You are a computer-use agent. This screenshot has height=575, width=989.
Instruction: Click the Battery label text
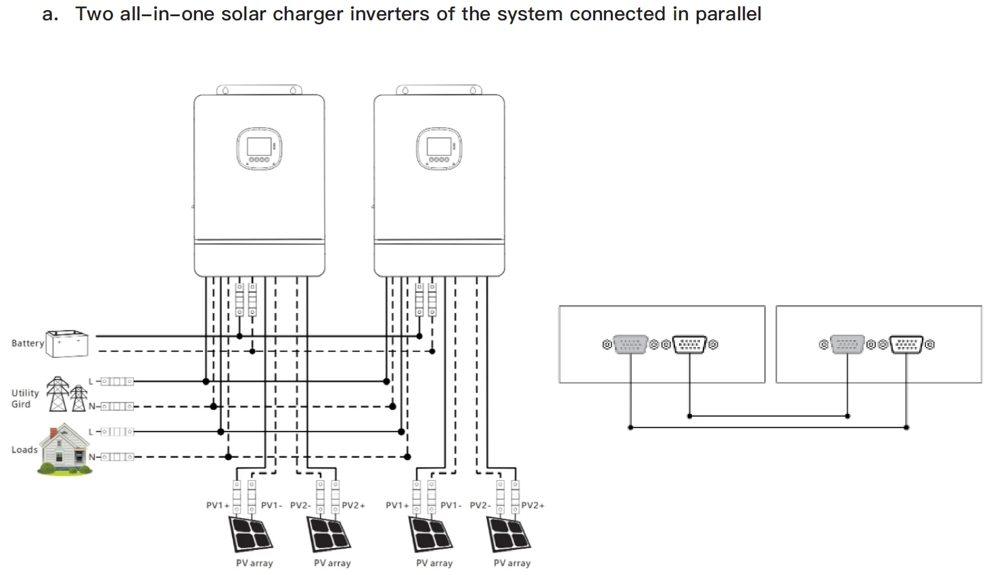(27, 344)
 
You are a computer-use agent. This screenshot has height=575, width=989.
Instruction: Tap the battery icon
(67, 344)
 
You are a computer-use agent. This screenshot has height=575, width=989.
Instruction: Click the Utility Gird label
(25, 398)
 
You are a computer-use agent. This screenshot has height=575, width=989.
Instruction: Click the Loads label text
(24, 450)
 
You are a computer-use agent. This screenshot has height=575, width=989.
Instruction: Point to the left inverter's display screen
(258, 147)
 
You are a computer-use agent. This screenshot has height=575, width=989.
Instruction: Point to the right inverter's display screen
(438, 147)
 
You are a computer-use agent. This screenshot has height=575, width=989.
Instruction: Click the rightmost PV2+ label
(532, 505)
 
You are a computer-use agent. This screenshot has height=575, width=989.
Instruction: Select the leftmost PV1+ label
(218, 505)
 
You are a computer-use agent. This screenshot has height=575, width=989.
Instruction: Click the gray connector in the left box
(630, 344)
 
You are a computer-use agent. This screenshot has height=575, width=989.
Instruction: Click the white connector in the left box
(689, 344)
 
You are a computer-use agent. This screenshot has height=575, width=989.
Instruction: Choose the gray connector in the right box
(847, 344)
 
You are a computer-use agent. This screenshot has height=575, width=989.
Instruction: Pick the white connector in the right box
(906, 344)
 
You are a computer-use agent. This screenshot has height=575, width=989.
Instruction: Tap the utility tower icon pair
(67, 394)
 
